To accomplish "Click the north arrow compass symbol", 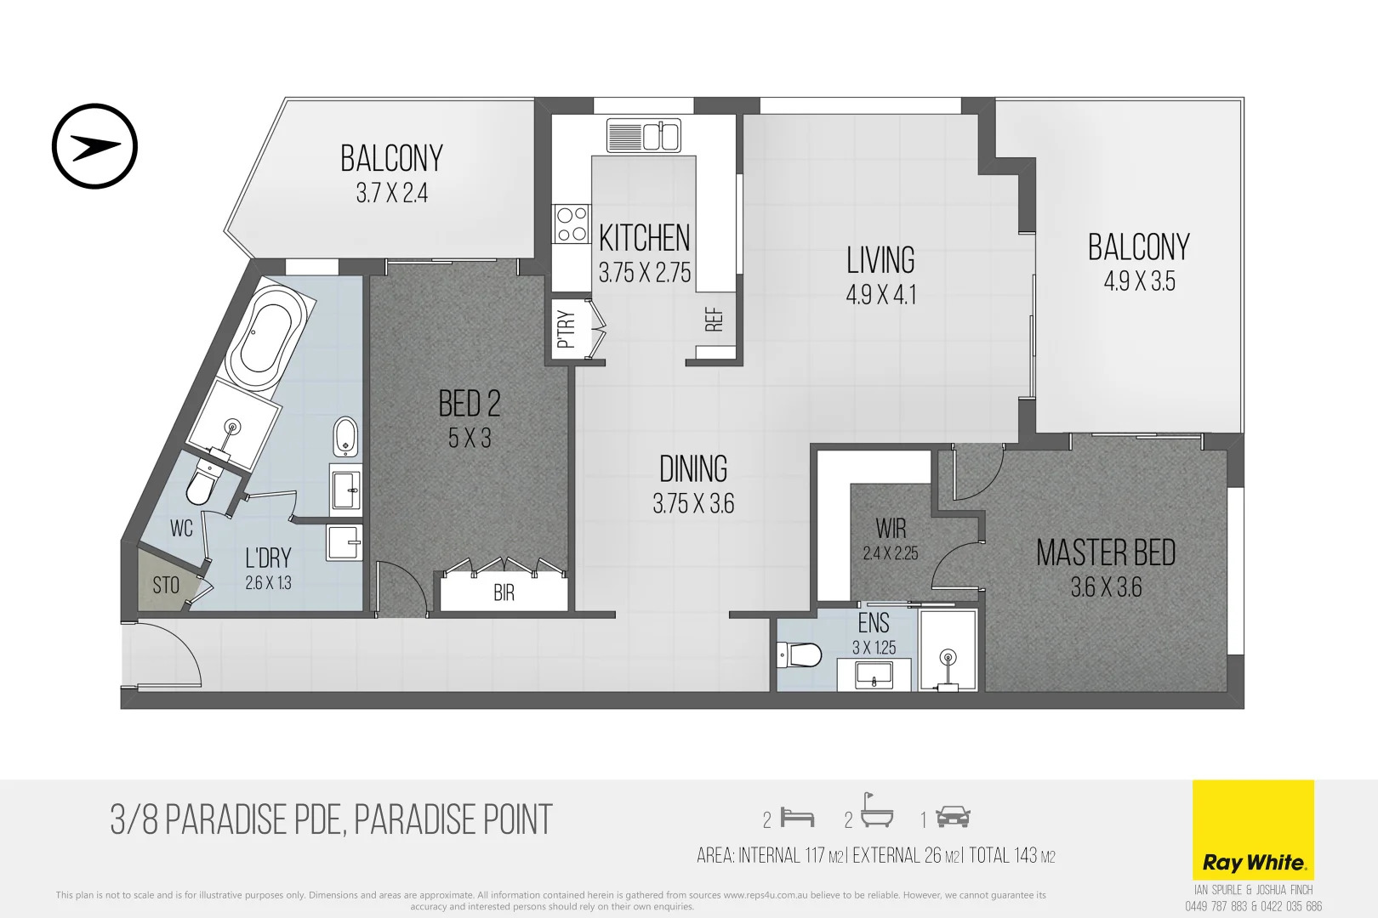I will (94, 146).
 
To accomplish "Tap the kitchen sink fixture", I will (644, 136).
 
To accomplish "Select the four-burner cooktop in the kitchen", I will (571, 224).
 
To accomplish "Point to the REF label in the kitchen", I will (714, 320).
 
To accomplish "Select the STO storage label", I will (166, 585).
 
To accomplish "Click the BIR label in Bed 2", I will (504, 592).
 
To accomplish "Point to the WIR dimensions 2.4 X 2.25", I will (890, 553).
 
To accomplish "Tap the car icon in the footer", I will (953, 818).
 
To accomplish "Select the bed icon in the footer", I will (798, 818).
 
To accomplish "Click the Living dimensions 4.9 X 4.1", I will (880, 295).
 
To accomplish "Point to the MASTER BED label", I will (1106, 553).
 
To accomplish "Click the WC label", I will (181, 529).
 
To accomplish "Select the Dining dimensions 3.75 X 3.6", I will (693, 504).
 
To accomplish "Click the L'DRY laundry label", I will (268, 558).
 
